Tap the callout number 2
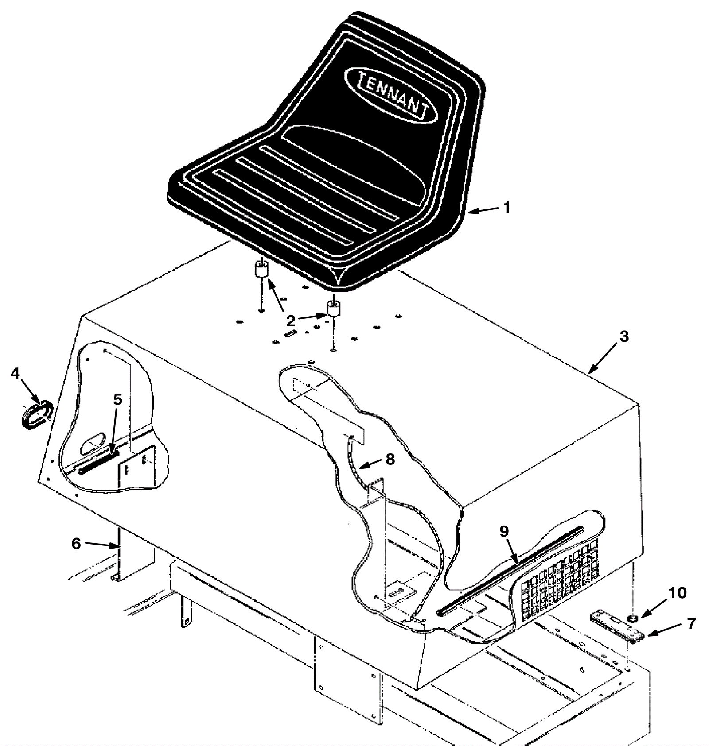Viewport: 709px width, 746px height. pyautogui.click(x=291, y=320)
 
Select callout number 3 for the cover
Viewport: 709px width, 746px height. pyautogui.click(x=624, y=336)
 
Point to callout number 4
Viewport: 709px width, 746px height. pyautogui.click(x=15, y=373)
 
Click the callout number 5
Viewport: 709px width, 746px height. pyautogui.click(x=117, y=399)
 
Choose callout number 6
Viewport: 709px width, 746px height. pyautogui.click(x=76, y=543)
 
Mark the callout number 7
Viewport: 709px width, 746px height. pyautogui.click(x=691, y=623)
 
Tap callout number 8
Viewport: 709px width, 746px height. pyautogui.click(x=390, y=459)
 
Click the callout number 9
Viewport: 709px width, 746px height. pyautogui.click(x=505, y=532)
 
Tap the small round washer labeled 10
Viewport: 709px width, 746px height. pyautogui.click(x=632, y=618)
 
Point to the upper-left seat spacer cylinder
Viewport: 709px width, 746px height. pyautogui.click(x=261, y=269)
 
